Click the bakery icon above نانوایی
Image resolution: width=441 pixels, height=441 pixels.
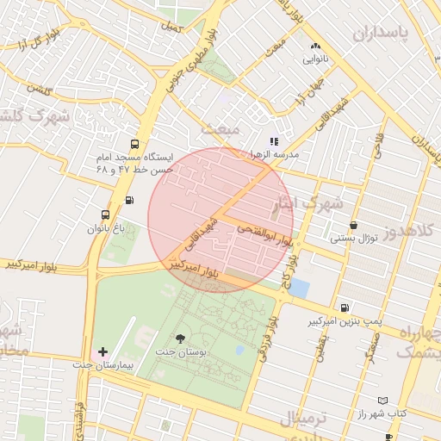tap(314, 47)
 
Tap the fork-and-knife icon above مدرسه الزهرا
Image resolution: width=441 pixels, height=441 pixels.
tap(274, 140)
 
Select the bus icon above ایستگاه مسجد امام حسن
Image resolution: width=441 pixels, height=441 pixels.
tap(134, 144)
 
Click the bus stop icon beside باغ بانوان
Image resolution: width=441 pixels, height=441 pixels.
tap(105, 214)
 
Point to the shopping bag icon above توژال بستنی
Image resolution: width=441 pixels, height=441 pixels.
tap(353, 225)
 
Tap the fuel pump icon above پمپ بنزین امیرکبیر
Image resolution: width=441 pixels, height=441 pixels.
tap(345, 307)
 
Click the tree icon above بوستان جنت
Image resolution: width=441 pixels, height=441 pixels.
tap(180, 339)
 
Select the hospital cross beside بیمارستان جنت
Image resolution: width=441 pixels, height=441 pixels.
tap(103, 351)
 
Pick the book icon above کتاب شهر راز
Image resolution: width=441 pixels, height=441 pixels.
tap(383, 401)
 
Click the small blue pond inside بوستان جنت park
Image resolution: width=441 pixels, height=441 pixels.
tap(239, 351)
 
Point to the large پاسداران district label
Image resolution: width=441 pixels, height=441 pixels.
tap(389, 34)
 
